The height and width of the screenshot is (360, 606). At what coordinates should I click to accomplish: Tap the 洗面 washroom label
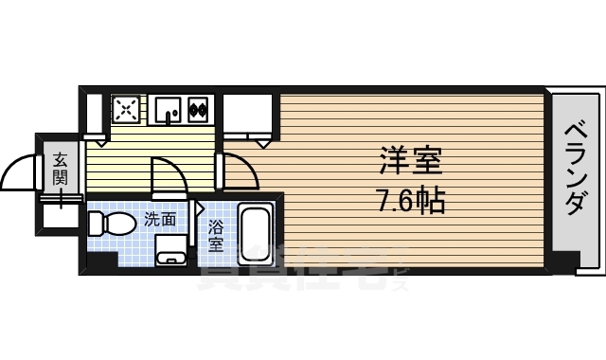click(159, 220)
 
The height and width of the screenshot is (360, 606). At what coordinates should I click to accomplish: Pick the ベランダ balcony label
click(574, 171)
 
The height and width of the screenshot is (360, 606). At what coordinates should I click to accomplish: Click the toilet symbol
click(108, 225)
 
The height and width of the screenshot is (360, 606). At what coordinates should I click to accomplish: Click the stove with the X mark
click(126, 110)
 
